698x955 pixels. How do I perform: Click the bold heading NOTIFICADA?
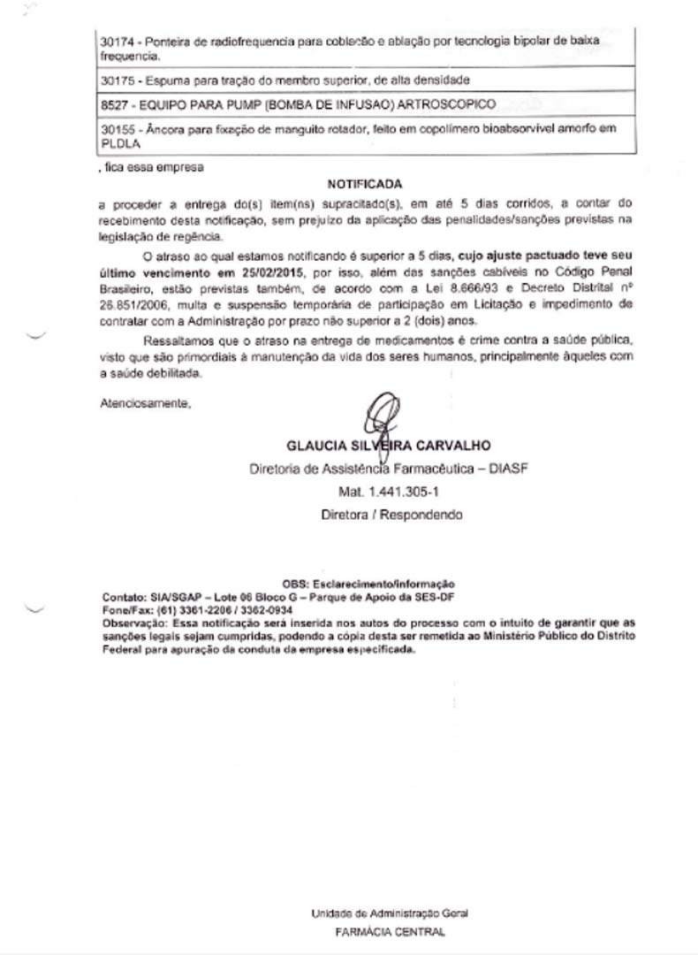365,185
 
